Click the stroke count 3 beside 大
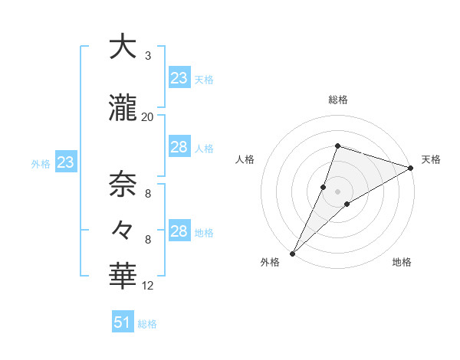(148, 56)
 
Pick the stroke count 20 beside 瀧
(147, 117)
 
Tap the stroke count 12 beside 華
(147, 286)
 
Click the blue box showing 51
(123, 322)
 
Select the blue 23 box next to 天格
(179, 78)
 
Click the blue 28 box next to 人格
(179, 147)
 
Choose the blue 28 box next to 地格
(179, 231)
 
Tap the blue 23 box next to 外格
(65, 162)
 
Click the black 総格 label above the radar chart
(338, 100)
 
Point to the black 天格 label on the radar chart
(431, 159)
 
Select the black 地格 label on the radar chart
(402, 262)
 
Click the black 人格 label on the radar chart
(245, 159)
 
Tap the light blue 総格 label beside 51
(147, 324)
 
